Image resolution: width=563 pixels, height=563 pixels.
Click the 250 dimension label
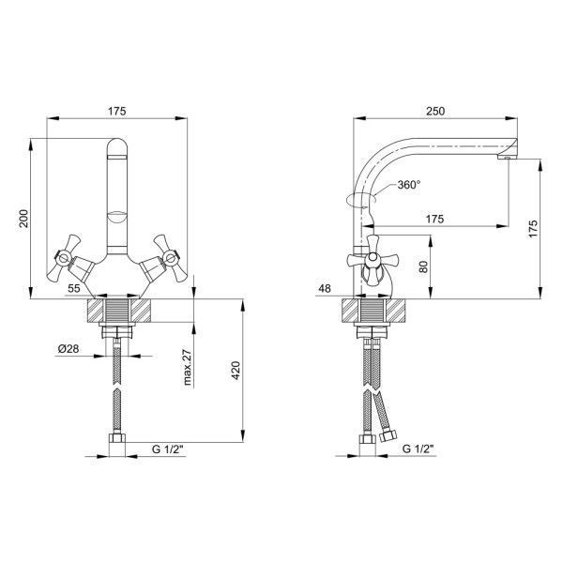tap(435, 112)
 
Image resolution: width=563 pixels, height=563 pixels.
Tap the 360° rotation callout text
tap(409, 185)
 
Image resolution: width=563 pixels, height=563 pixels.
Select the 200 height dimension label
tap(23, 219)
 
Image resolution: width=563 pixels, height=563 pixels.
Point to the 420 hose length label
tap(236, 371)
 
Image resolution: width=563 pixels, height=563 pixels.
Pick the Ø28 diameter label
tap(68, 348)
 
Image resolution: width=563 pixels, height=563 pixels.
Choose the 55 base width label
tap(74, 288)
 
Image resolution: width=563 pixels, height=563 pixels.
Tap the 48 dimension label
tap(325, 288)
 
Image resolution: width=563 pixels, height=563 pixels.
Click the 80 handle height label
tap(424, 266)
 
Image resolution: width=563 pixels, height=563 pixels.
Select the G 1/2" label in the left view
tap(168, 449)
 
